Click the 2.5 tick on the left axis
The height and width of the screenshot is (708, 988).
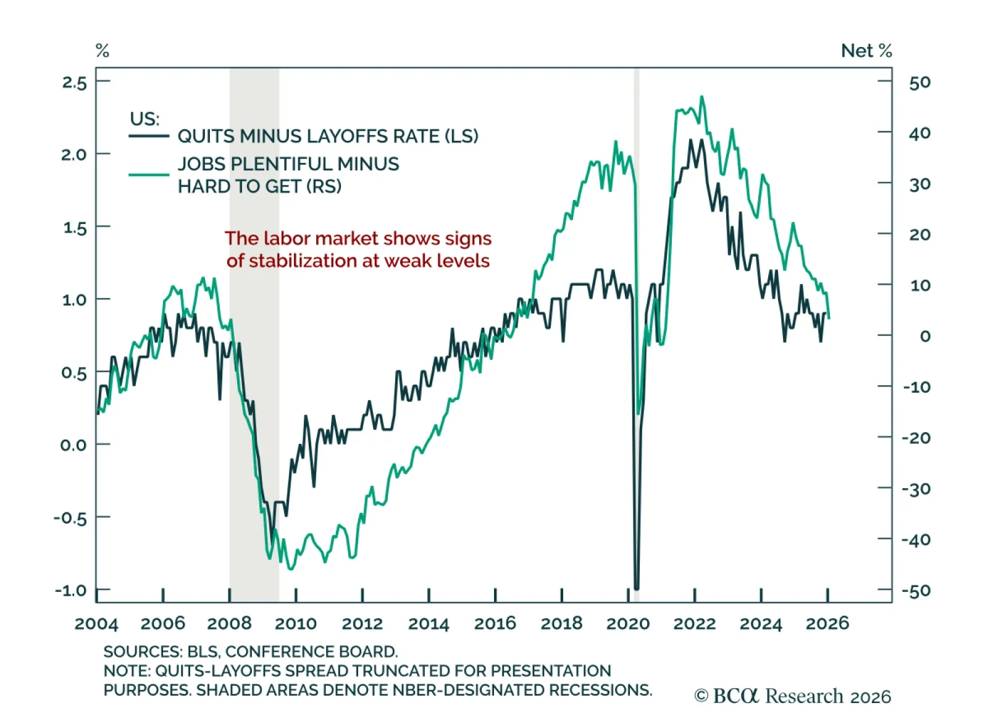tap(74, 82)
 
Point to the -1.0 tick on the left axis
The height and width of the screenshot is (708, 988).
tap(70, 590)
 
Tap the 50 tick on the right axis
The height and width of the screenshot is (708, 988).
tap(919, 82)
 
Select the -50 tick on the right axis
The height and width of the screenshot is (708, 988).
tap(916, 591)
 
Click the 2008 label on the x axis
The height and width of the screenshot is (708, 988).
tap(229, 623)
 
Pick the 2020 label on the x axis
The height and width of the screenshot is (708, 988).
tap(628, 623)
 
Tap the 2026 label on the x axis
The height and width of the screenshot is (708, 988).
tap(827, 623)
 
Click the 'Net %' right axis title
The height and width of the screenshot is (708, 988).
tap(866, 51)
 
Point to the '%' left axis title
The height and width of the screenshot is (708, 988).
tap(103, 51)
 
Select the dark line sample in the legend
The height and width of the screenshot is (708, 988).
tap(149, 136)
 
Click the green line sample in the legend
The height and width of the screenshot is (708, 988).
tap(149, 175)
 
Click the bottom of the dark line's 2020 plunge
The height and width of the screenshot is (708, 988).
tap(637, 588)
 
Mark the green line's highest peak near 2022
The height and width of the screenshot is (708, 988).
tap(701, 97)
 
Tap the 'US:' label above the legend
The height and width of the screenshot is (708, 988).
tap(144, 119)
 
